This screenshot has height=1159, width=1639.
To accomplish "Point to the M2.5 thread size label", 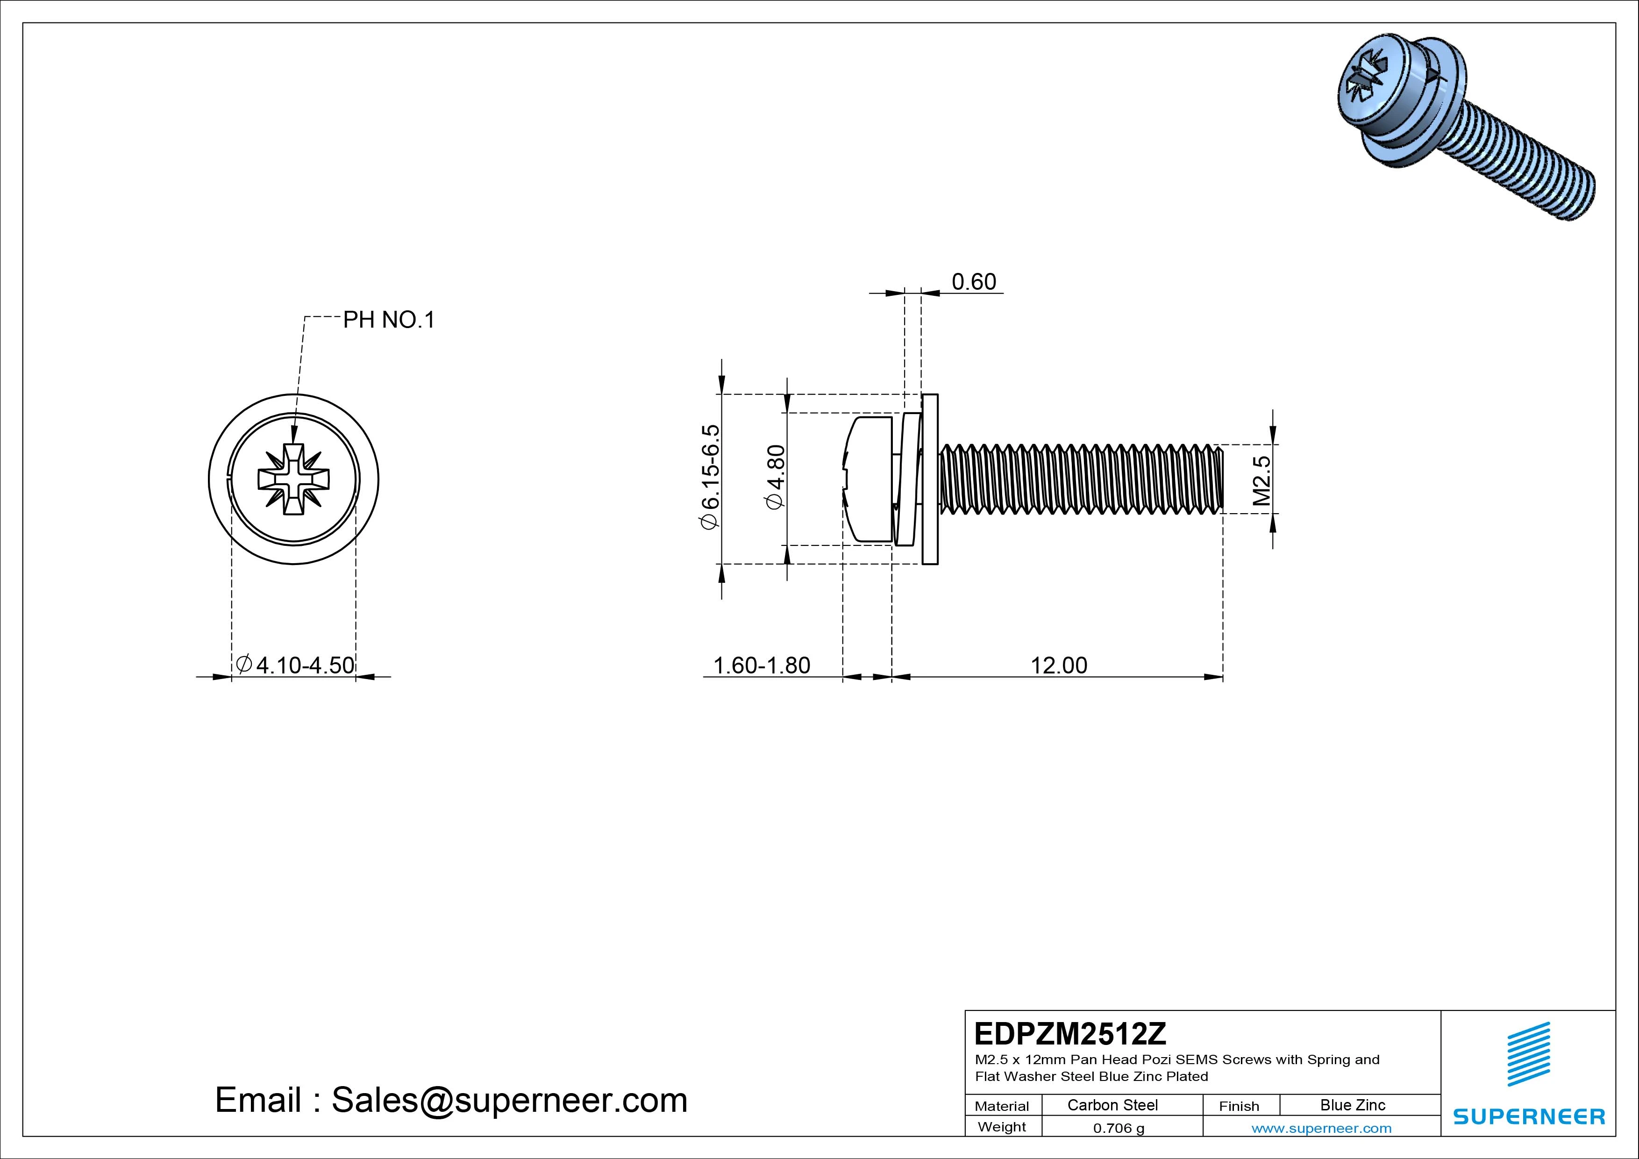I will coord(1262,480).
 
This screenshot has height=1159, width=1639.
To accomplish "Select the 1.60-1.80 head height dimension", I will coord(762,665).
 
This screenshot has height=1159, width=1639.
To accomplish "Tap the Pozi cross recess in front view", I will coord(293,479).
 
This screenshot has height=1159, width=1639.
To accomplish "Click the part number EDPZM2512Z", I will coord(1069,1033).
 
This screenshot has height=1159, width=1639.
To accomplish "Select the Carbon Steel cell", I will coord(1112,1105).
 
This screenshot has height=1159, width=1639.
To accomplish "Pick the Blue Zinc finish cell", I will coord(1352,1105).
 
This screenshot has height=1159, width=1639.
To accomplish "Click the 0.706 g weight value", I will coord(1118,1128).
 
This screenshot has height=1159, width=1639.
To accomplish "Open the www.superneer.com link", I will coord(1321,1128).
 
